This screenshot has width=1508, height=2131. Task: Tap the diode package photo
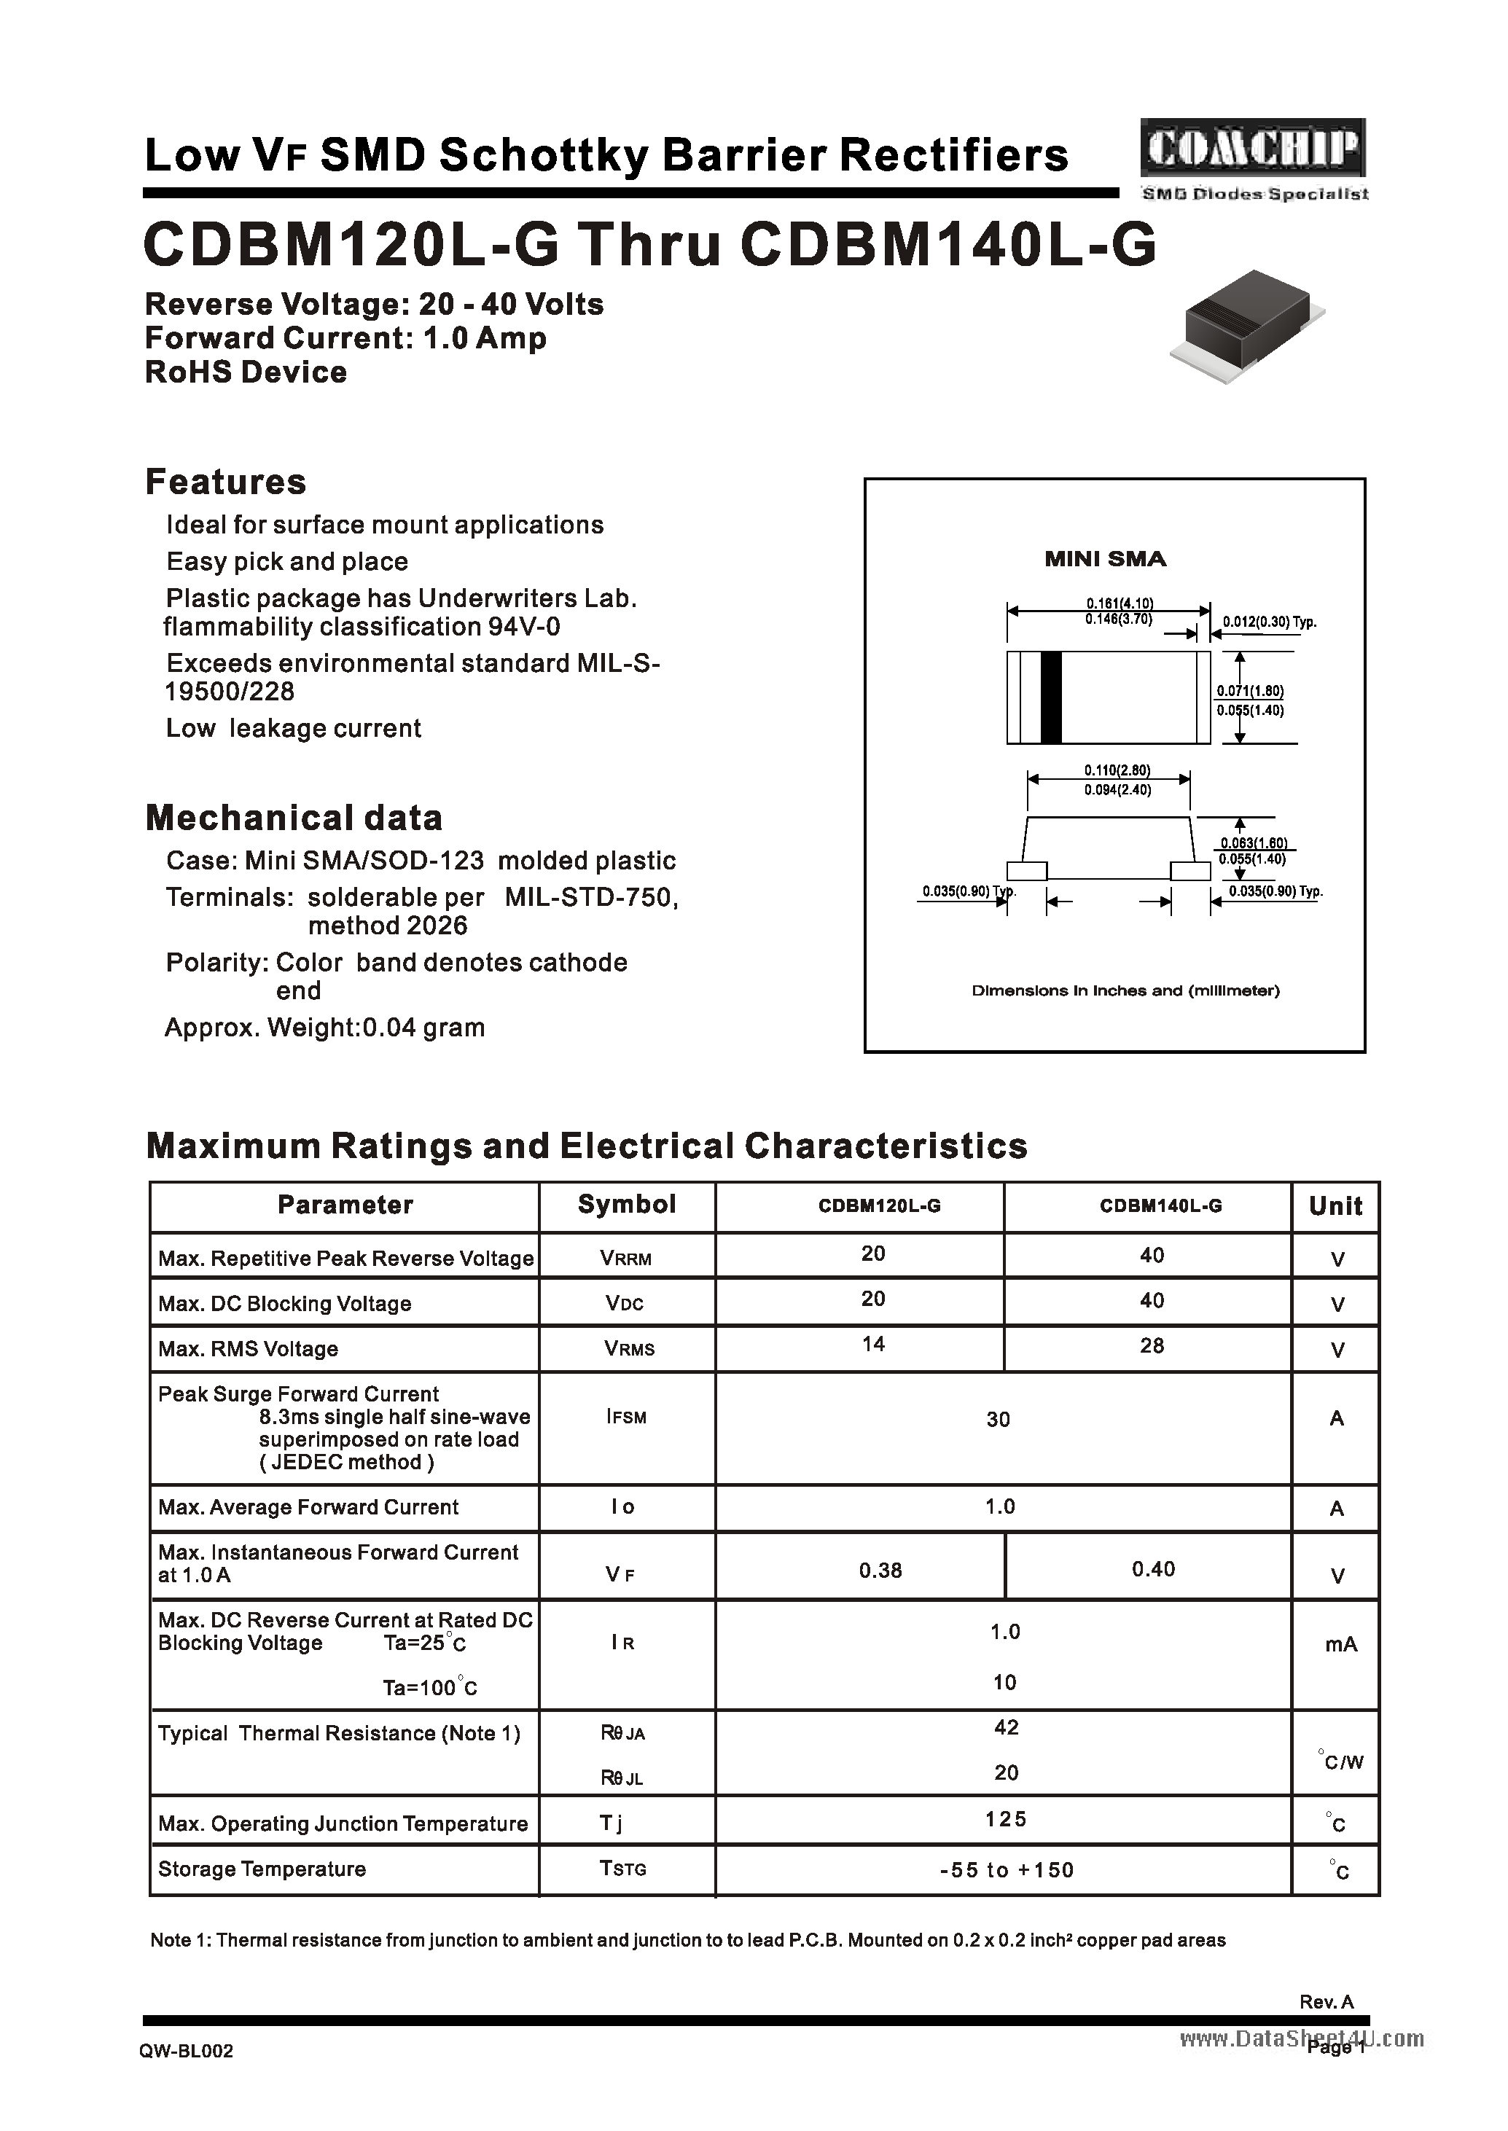tap(1247, 325)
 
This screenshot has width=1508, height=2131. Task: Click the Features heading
tap(226, 482)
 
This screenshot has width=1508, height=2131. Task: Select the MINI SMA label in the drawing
tap(1105, 559)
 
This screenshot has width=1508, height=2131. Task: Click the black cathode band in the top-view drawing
tap(1050, 697)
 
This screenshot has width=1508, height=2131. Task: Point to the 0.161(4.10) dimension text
tap(1120, 603)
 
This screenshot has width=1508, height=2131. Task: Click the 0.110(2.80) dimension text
tap(1117, 770)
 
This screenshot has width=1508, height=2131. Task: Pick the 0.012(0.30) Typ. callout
tap(1270, 622)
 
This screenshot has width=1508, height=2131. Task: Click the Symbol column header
tap(627, 1204)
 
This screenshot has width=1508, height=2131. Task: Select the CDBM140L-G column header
tap(1161, 1206)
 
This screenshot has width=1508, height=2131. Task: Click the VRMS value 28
tap(1152, 1345)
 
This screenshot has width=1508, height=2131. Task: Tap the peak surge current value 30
tap(999, 1419)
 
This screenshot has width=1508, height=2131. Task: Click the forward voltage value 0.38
tap(880, 1570)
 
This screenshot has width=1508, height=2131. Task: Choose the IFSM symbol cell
tap(626, 1417)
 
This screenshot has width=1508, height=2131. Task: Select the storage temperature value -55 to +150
tap(1006, 1869)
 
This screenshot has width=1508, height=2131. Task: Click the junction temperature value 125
tap(1006, 1818)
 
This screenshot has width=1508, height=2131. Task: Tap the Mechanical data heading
tap(294, 818)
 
